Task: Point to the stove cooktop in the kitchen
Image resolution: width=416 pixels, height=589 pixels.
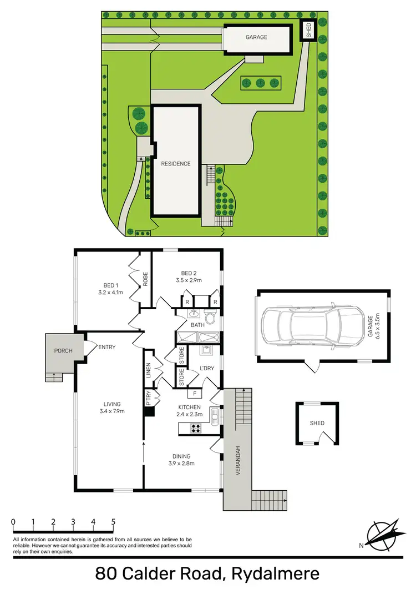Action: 196,427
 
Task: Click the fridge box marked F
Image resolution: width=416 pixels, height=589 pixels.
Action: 194,395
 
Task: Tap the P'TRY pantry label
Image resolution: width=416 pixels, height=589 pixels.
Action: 149,400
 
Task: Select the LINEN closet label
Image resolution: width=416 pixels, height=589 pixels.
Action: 149,370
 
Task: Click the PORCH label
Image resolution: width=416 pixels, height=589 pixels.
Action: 63,351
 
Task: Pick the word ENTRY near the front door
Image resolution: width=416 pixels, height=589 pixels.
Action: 106,348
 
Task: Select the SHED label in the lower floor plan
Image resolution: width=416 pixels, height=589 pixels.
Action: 317,424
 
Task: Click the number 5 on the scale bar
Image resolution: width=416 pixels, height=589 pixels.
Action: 113,522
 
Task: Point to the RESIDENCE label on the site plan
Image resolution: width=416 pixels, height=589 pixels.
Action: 176,164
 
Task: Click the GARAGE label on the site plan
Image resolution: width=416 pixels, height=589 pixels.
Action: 256,37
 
